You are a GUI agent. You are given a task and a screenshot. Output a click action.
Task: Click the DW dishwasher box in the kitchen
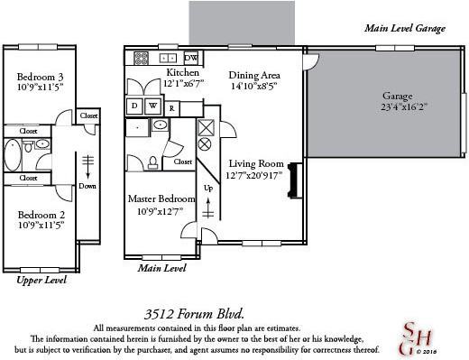192,58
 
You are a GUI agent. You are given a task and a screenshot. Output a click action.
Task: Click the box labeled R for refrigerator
171,106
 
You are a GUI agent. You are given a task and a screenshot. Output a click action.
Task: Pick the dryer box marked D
134,106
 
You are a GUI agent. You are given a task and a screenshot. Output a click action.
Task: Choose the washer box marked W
152,106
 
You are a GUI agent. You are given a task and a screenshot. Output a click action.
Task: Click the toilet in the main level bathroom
154,162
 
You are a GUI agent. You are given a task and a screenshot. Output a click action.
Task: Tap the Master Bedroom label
161,198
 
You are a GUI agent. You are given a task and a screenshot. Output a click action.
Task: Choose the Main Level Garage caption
404,29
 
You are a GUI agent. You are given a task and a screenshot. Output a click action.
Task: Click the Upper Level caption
44,282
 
